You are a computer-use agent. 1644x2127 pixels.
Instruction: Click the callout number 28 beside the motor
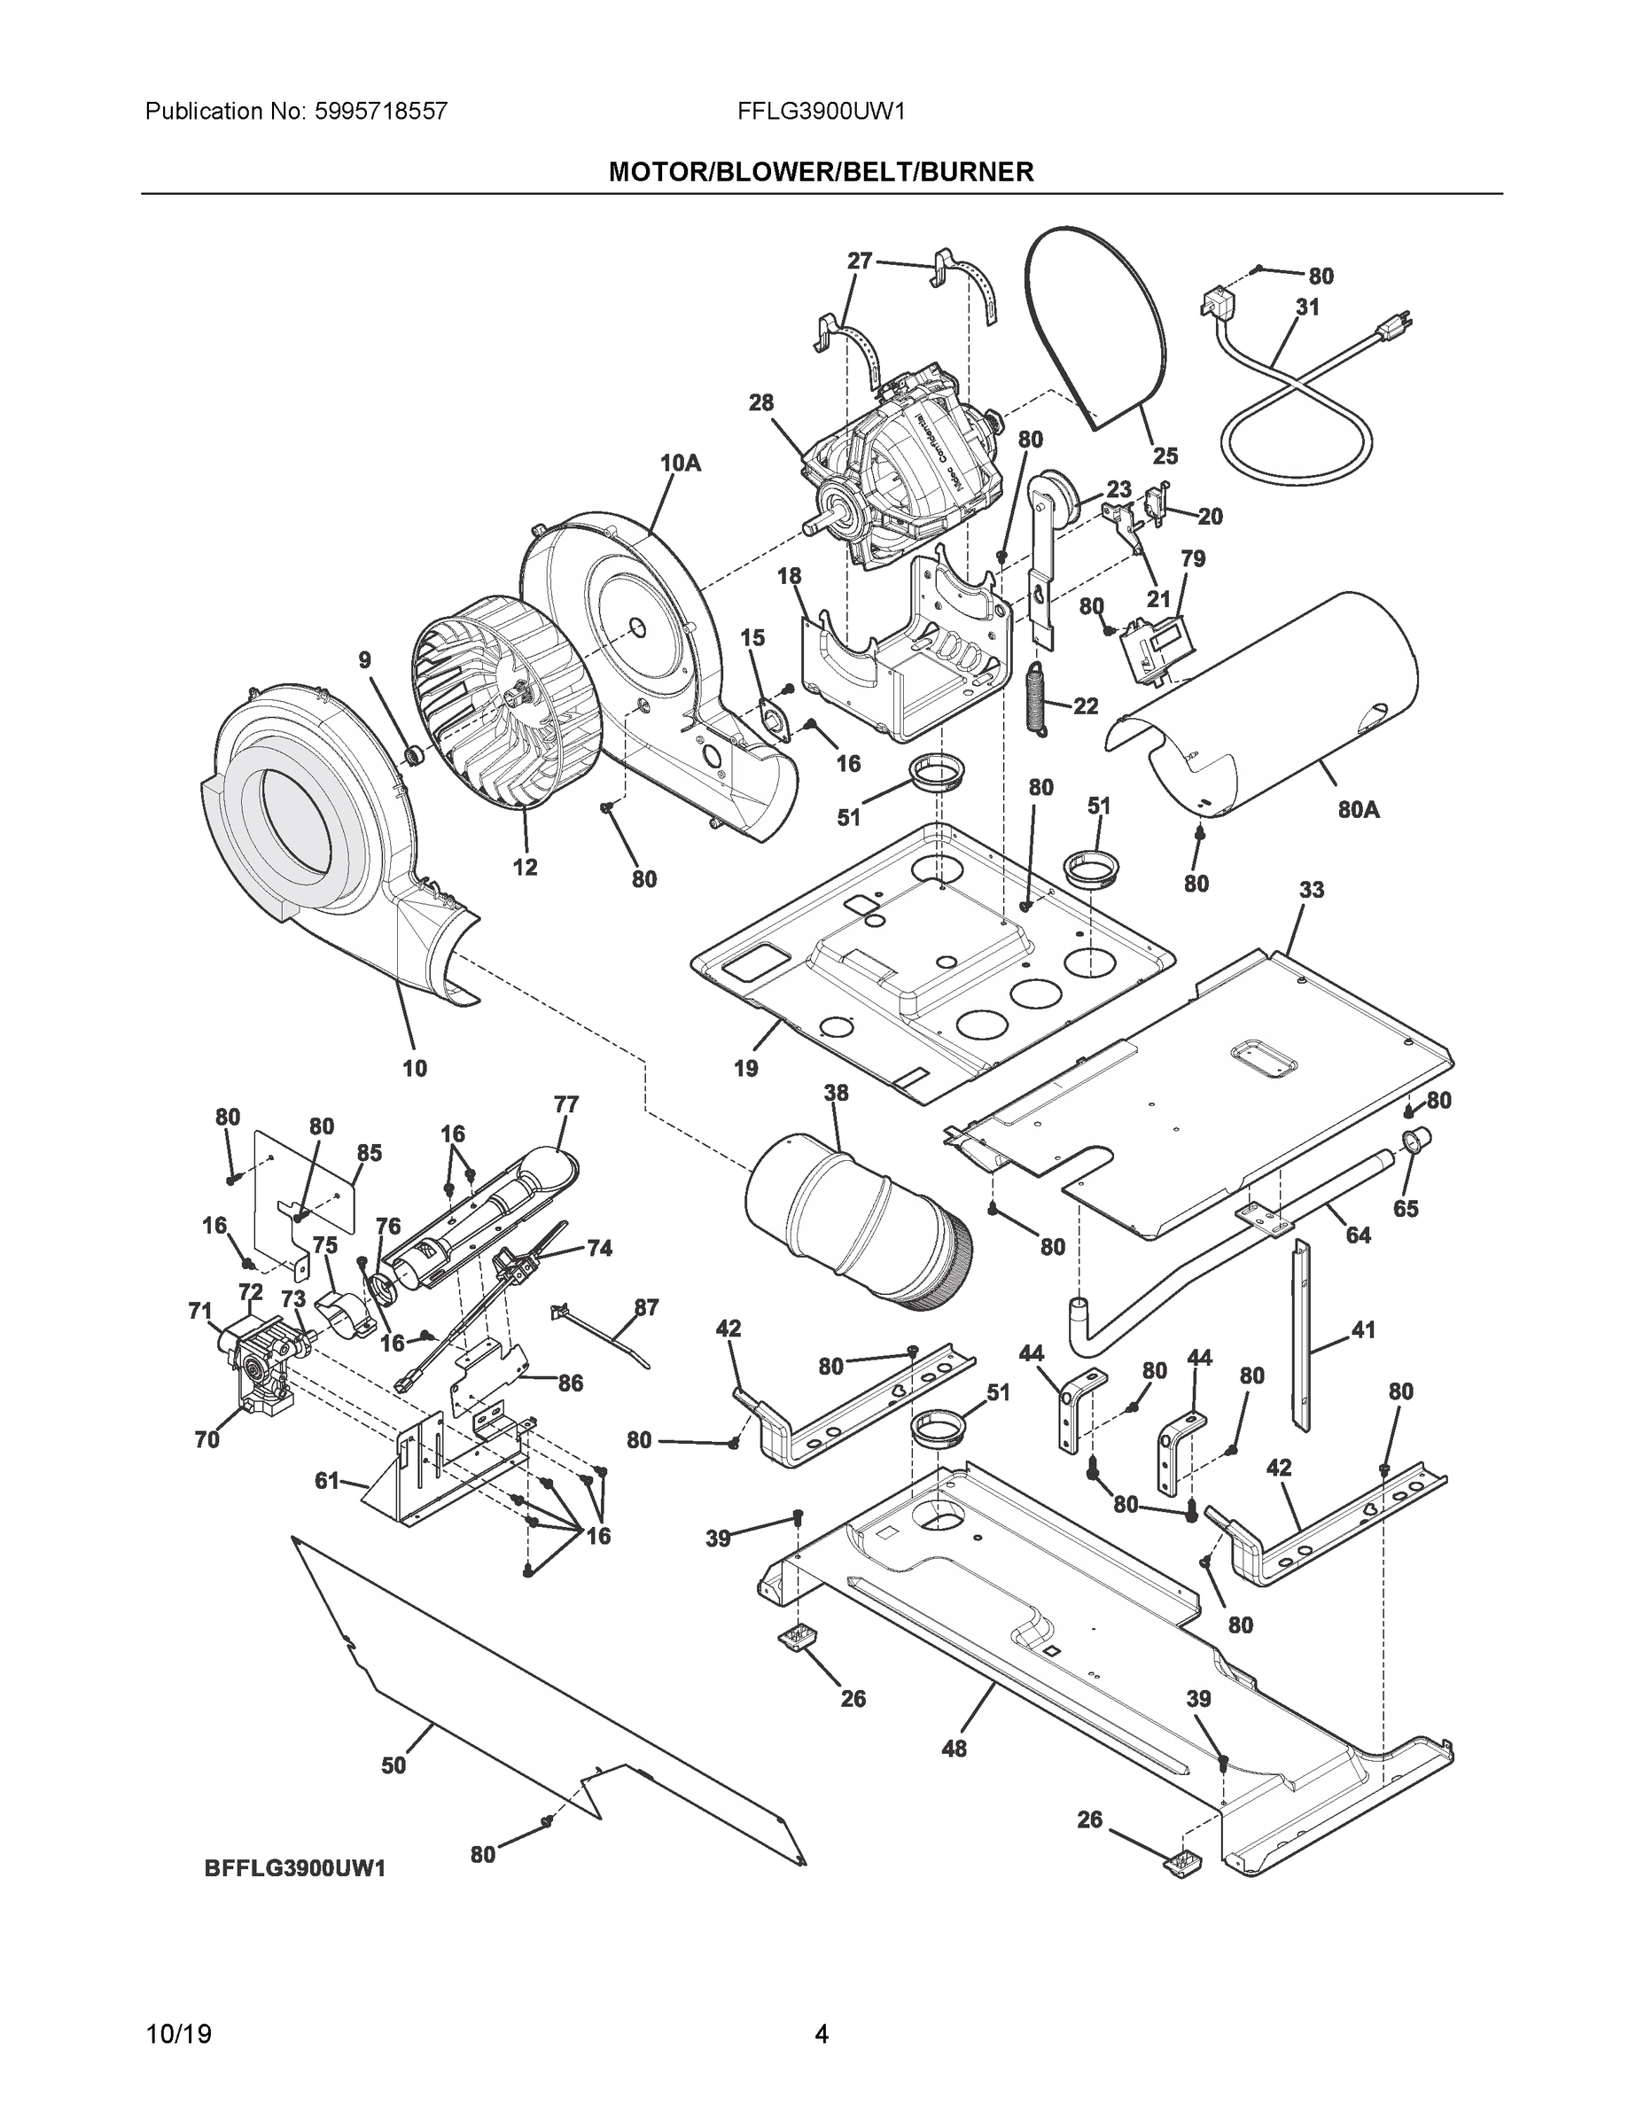click(760, 402)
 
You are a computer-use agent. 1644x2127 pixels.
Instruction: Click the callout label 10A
click(680, 463)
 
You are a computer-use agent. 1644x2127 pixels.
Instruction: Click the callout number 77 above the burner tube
click(565, 1104)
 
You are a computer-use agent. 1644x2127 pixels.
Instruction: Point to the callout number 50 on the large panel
click(393, 1765)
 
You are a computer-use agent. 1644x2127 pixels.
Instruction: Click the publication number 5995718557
click(381, 111)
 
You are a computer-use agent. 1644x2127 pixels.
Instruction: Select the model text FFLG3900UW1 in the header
click(821, 111)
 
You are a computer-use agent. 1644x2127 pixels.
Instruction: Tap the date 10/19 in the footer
click(178, 2034)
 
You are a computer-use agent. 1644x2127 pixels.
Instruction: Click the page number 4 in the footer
click(821, 2034)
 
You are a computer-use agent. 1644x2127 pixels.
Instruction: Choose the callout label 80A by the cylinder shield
click(1358, 808)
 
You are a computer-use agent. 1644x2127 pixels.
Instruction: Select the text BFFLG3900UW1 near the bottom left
click(295, 1869)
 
